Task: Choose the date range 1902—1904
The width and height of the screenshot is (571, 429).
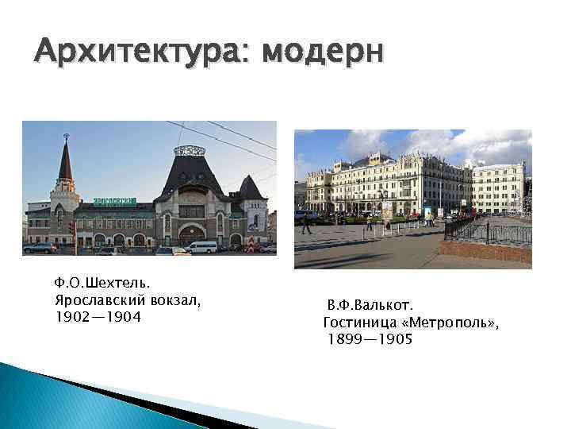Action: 98,318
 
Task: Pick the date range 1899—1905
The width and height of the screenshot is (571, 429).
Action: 370,339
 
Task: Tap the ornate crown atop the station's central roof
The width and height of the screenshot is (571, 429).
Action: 190,150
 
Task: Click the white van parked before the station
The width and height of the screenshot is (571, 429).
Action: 201,246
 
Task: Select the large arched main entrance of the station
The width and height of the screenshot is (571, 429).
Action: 191,235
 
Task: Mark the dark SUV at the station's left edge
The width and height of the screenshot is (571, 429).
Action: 40,249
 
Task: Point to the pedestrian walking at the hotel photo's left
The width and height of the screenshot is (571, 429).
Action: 307,224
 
